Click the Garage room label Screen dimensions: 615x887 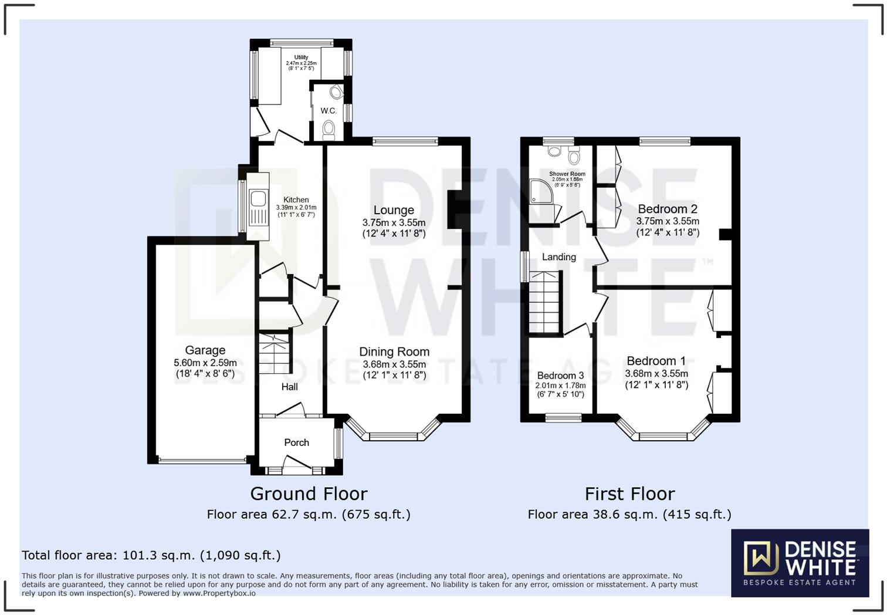[x=205, y=350]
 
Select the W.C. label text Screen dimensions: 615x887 [x=329, y=111]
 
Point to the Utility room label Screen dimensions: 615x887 [x=301, y=58]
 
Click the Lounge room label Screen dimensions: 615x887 [x=394, y=210]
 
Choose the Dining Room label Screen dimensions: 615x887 [x=394, y=352]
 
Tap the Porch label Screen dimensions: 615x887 [x=296, y=442]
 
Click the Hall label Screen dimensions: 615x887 [x=289, y=387]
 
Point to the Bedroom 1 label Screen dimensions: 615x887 [x=656, y=361]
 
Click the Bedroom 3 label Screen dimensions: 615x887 [x=560, y=376]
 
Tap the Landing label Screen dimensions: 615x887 [x=558, y=257]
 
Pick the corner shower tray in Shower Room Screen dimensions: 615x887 [x=540, y=191]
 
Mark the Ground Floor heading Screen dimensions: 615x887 [x=309, y=494]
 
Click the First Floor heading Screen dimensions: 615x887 [x=629, y=494]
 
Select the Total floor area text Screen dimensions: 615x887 [x=151, y=555]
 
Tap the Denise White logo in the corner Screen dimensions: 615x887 [x=800, y=563]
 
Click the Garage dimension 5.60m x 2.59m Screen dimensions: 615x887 [x=205, y=363]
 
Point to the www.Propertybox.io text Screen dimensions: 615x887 [x=219, y=593]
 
